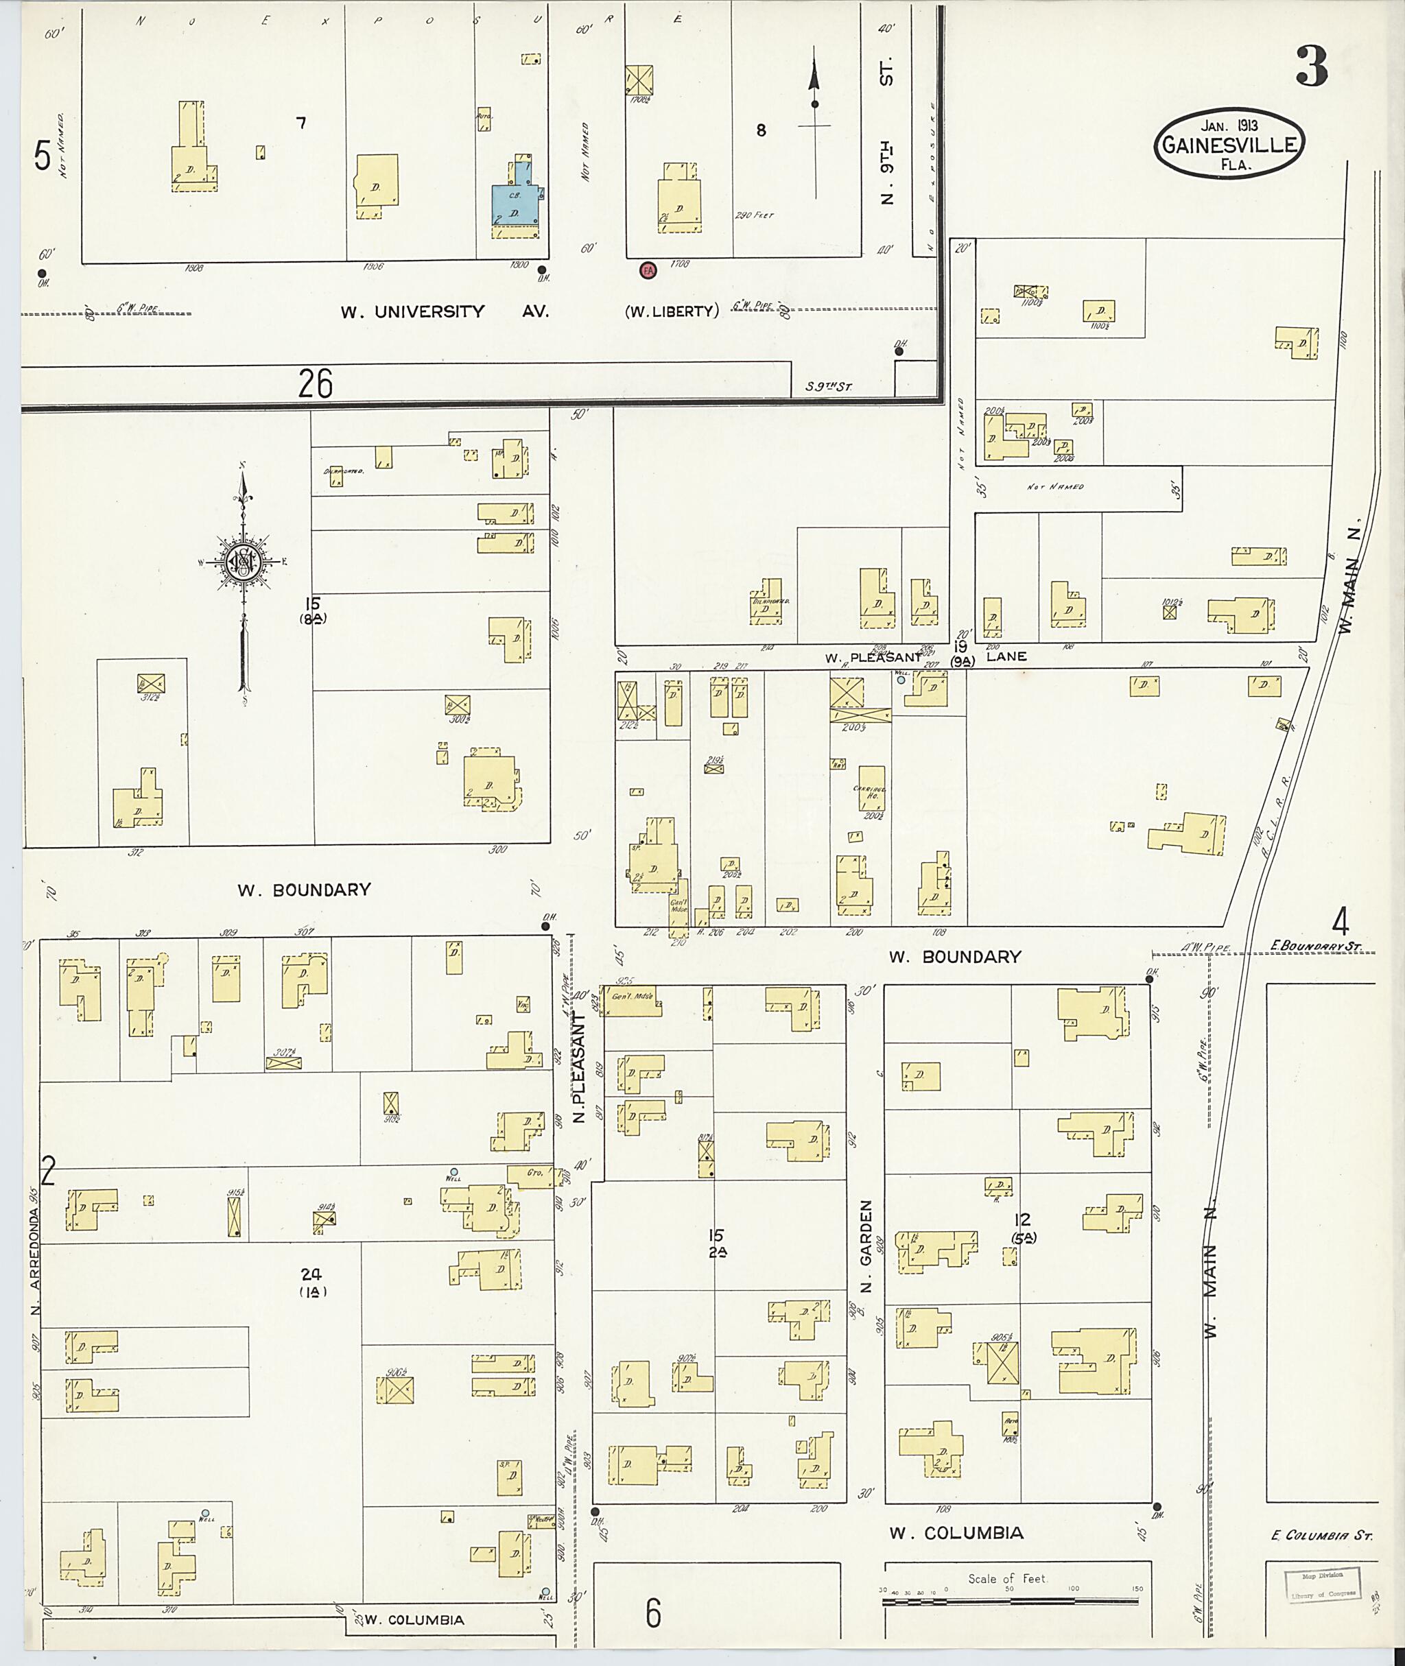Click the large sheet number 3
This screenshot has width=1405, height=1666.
1312,67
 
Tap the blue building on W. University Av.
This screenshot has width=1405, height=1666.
515,199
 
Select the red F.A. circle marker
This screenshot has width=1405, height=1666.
648,270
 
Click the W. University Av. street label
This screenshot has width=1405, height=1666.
445,312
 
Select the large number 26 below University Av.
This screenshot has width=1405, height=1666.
316,385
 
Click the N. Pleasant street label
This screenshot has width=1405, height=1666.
580,1067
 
